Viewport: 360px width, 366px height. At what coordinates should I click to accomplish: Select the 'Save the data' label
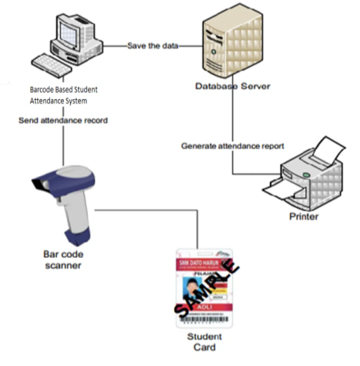153,45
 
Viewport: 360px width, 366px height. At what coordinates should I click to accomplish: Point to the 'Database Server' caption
232,86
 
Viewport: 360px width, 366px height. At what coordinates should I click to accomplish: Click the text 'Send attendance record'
63,120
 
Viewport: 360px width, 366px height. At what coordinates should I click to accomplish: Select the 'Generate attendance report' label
232,146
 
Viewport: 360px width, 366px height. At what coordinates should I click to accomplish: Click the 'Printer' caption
304,217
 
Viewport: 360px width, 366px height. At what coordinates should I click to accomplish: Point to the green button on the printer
306,174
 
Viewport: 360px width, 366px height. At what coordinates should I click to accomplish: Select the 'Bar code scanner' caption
63,260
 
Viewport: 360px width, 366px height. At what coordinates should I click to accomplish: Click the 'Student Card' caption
205,342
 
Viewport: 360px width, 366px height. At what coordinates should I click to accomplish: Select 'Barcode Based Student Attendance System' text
64,95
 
